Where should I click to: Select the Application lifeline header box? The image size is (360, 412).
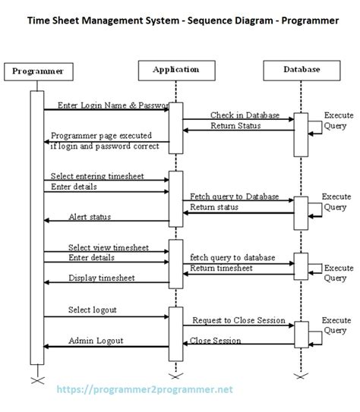pos(175,70)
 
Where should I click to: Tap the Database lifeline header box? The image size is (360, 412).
pos(301,70)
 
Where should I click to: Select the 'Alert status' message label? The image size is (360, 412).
pos(90,217)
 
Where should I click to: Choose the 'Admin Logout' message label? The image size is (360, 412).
pos(96,341)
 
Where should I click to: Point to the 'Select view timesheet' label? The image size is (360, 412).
pos(108,247)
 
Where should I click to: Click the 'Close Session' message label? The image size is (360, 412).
pos(219,341)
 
